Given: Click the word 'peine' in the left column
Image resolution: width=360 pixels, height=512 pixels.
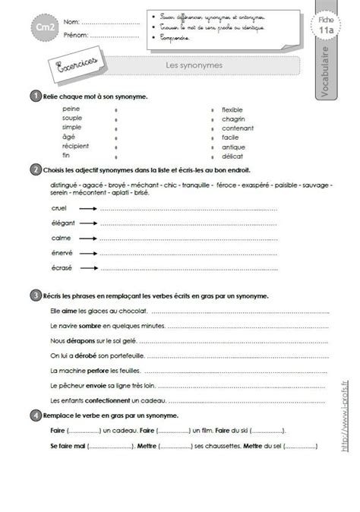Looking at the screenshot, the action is (71, 109).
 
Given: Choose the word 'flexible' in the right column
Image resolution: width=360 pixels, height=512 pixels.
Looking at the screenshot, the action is (232, 109).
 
